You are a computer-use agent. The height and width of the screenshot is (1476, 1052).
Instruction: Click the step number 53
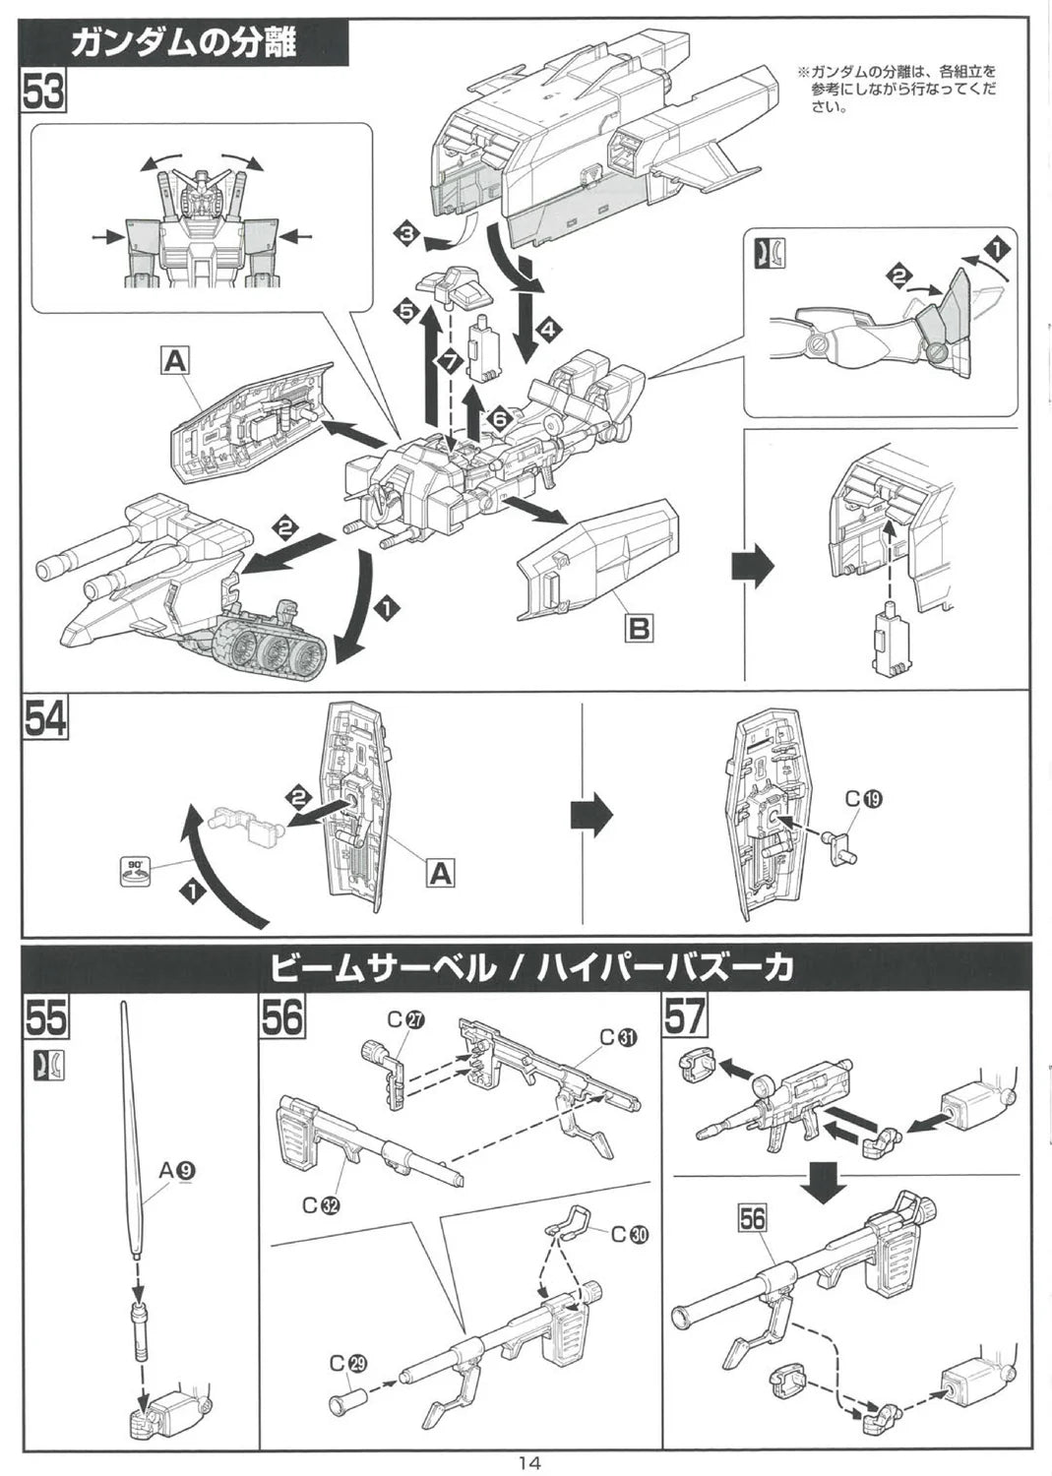click(x=43, y=94)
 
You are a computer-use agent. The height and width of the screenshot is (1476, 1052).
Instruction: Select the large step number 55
click(x=46, y=1017)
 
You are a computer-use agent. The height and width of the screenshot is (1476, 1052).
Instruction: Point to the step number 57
click(x=686, y=1017)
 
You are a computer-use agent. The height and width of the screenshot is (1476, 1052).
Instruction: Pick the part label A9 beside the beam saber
click(x=176, y=1170)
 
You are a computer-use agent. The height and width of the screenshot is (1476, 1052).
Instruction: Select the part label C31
click(x=619, y=1037)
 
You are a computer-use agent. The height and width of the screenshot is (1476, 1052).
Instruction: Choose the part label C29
click(x=347, y=1363)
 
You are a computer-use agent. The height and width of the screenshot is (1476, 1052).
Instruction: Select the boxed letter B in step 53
click(x=639, y=627)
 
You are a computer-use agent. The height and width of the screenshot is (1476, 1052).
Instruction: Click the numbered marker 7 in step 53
click(x=451, y=361)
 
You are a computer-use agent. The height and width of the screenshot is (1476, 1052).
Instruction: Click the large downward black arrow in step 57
click(x=825, y=1178)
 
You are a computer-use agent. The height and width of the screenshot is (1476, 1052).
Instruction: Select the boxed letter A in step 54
click(x=440, y=872)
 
